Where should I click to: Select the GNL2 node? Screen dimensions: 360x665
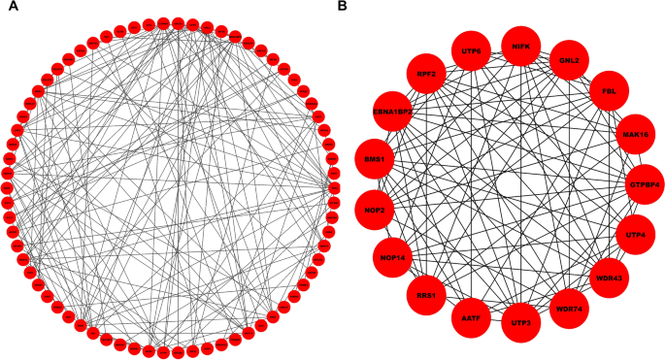[568, 59]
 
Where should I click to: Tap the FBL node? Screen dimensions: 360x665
[609, 90]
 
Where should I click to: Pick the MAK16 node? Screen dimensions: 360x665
[633, 134]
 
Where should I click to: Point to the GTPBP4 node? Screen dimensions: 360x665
[645, 183]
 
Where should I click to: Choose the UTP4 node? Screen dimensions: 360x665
[636, 234]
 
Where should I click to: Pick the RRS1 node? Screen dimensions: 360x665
[425, 294]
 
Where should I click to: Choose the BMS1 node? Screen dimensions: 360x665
[378, 158]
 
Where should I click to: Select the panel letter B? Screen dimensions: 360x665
[342, 7]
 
